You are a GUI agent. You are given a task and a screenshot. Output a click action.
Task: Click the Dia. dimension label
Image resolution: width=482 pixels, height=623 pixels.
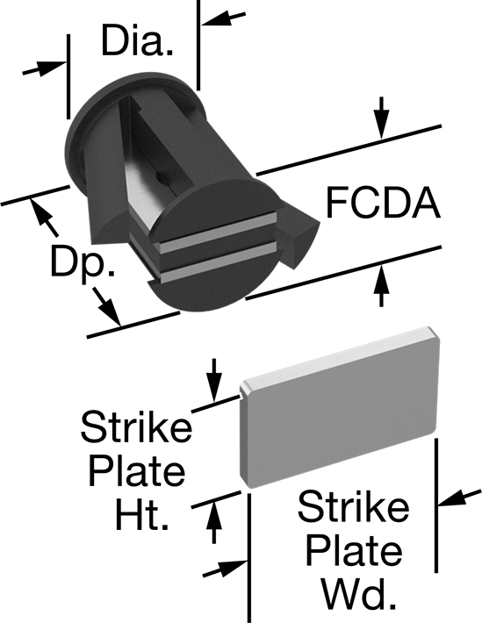click(137, 40)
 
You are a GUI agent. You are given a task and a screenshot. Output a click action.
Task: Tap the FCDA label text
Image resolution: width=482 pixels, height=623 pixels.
click(383, 203)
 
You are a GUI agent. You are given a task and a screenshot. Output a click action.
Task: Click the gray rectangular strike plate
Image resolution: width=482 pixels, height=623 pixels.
click(340, 407)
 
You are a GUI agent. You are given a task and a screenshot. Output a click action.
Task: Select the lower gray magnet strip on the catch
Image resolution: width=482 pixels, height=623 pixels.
click(217, 262)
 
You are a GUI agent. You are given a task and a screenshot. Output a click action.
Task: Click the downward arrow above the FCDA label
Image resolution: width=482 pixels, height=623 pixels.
click(381, 118)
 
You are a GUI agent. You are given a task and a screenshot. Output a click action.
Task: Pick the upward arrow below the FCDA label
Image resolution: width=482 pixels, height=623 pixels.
click(381, 285)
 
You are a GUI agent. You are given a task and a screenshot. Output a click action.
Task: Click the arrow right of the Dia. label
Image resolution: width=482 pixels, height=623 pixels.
click(224, 18)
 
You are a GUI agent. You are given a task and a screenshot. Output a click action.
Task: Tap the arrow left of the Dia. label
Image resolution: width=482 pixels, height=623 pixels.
click(44, 68)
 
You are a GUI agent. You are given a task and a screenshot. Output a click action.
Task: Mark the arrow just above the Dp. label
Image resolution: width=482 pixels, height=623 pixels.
click(45, 218)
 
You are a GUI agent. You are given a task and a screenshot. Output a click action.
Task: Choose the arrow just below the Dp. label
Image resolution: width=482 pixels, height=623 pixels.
click(106, 307)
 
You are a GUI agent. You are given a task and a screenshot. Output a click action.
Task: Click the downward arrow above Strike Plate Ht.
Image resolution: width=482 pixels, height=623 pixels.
click(214, 380)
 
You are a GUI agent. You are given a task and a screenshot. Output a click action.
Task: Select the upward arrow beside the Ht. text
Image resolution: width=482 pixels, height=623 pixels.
click(214, 522)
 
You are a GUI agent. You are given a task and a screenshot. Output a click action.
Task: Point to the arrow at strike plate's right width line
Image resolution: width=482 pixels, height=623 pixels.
click(459, 498)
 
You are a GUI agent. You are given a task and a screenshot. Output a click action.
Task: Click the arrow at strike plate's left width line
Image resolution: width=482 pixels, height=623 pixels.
click(225, 569)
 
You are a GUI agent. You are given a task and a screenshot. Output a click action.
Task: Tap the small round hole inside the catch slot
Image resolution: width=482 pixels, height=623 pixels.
click(161, 175)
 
